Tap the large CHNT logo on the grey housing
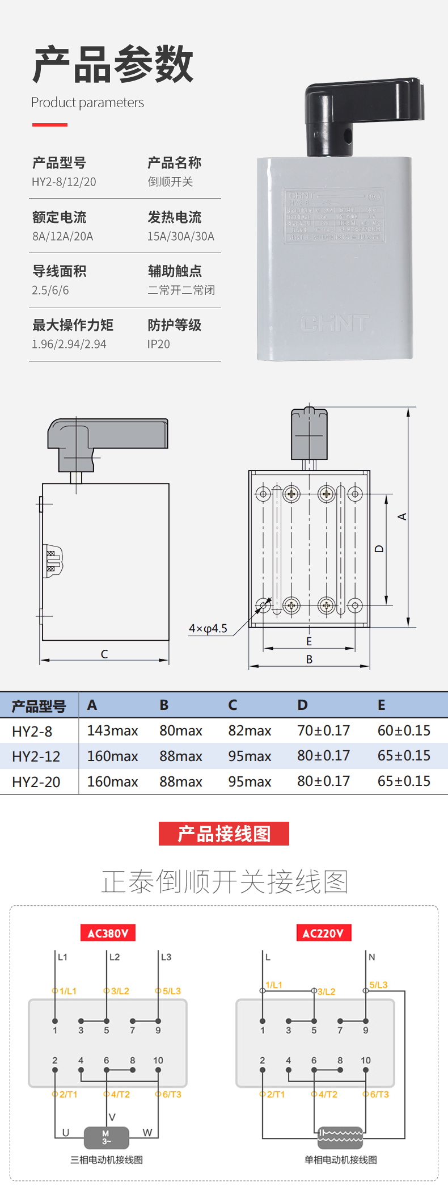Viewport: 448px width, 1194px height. point(335,323)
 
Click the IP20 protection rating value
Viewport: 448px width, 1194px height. point(158,344)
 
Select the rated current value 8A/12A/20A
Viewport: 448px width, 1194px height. point(62,237)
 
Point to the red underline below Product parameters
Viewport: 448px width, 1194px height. point(50,125)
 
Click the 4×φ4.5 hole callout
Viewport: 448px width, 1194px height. point(208,629)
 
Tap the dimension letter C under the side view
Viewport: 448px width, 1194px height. point(104,654)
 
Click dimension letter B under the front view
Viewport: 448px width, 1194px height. point(309,659)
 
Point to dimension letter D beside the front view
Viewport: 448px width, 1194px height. point(379,549)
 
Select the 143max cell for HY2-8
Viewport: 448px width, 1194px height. point(112,731)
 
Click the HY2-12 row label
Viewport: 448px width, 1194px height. point(36,756)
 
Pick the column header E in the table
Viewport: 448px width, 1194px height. point(382,705)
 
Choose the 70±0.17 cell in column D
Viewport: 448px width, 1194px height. point(323,731)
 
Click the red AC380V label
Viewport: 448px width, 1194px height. point(108,934)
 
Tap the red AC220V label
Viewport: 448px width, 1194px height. point(323,934)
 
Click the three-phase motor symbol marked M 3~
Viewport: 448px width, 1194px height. point(106,1137)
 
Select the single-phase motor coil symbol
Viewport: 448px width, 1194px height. point(340,1137)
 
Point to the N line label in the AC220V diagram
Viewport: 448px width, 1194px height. point(372,957)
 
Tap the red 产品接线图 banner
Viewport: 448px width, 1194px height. point(224,834)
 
